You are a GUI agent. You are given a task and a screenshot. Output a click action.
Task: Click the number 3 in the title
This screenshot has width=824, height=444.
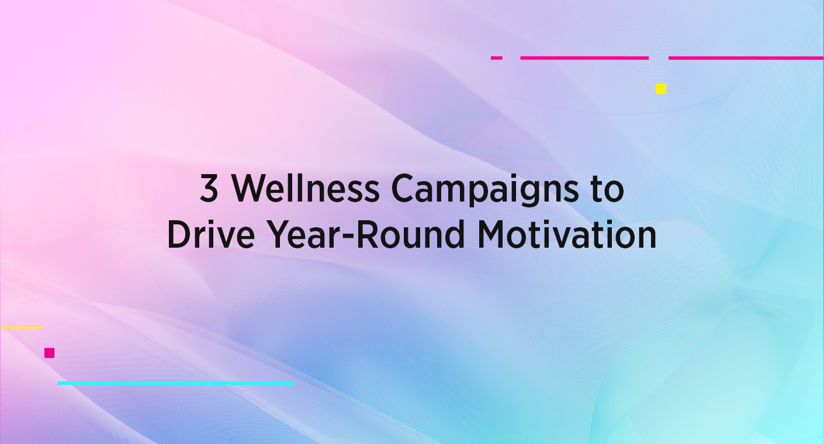tap(209, 189)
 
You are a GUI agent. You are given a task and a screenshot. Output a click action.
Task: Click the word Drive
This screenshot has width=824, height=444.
tap(204, 235)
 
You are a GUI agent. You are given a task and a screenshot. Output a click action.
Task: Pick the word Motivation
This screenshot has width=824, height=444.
tap(566, 235)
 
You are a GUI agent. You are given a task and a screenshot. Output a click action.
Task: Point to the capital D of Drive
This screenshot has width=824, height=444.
tap(178, 235)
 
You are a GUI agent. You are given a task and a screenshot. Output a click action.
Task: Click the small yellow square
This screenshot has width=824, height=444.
tap(660, 89)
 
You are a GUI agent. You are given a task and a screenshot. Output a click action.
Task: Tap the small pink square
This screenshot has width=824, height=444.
tap(49, 352)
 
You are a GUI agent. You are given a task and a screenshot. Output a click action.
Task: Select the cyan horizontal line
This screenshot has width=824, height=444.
tap(175, 383)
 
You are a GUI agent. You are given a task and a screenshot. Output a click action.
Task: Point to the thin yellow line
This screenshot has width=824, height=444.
tap(22, 328)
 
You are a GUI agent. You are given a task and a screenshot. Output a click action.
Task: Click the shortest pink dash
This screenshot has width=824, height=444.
tap(496, 58)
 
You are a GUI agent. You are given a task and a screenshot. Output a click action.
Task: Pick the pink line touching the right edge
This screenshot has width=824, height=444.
tap(746, 58)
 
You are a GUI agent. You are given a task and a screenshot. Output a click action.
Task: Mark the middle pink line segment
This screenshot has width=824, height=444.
tap(584, 58)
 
